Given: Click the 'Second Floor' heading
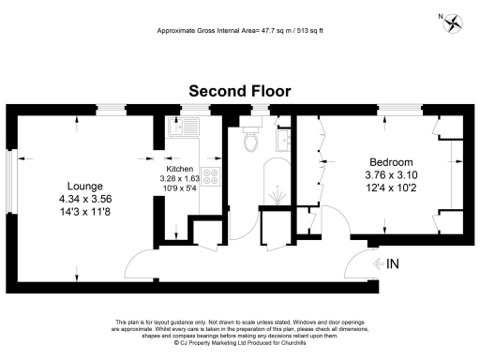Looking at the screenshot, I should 240,91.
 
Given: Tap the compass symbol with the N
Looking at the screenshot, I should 455,22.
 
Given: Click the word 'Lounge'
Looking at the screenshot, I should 84,186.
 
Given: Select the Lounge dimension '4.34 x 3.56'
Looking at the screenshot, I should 84,199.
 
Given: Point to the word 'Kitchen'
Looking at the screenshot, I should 180,168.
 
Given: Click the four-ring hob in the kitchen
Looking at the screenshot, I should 211,178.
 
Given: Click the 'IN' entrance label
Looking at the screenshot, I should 393,264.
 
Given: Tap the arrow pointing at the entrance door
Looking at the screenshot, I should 377,264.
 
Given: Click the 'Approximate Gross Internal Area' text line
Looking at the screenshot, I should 240,31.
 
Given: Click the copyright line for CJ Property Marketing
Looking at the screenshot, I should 240,343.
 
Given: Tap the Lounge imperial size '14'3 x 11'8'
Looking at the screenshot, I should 84,213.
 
